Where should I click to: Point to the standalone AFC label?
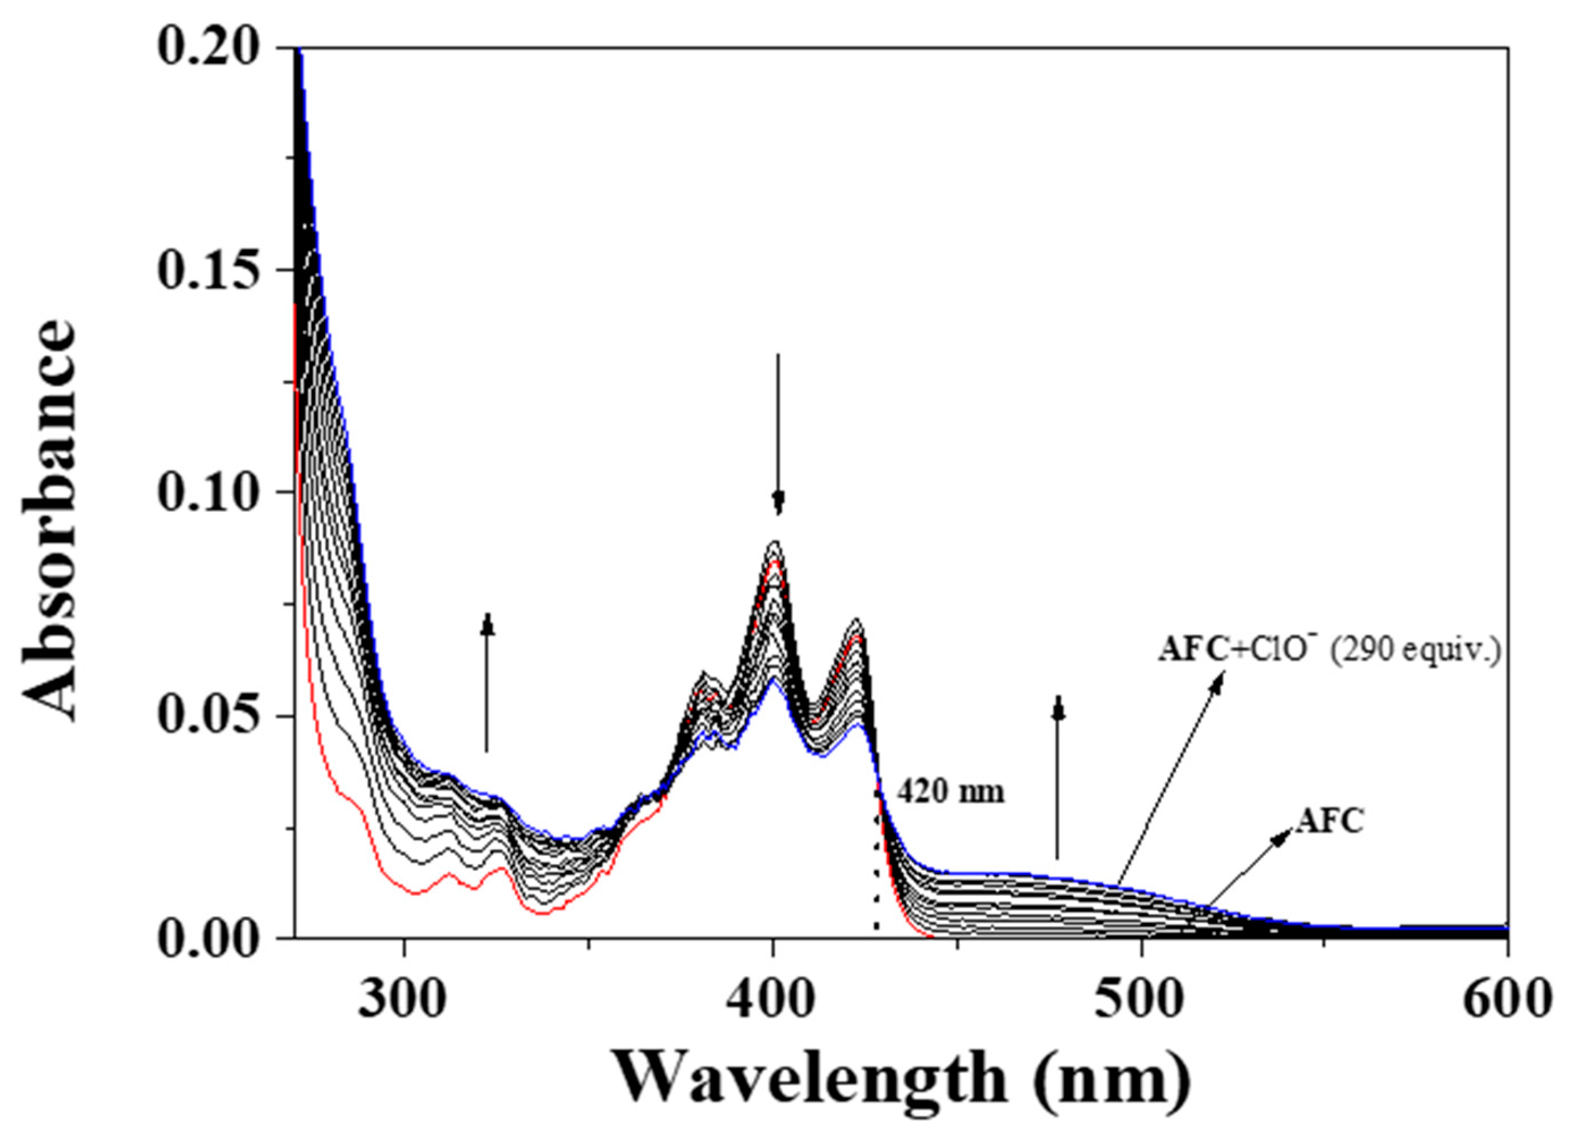[x=1330, y=820]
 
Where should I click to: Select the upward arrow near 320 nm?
[x=487, y=684]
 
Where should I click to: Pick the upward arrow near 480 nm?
[x=1058, y=777]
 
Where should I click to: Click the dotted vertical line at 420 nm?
[x=876, y=875]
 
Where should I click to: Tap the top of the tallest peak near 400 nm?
[x=774, y=542]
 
